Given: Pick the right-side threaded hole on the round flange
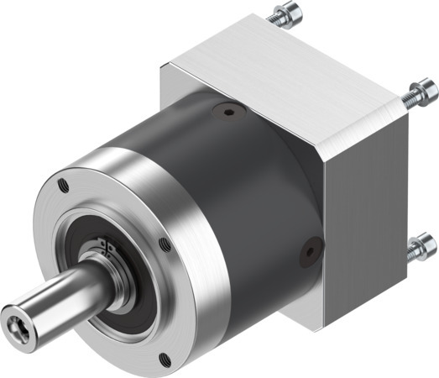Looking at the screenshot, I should click(x=164, y=244).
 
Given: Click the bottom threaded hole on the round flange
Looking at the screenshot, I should click(x=163, y=360).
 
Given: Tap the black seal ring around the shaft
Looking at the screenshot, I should click(x=84, y=231).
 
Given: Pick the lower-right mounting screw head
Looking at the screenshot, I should click(x=424, y=246).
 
